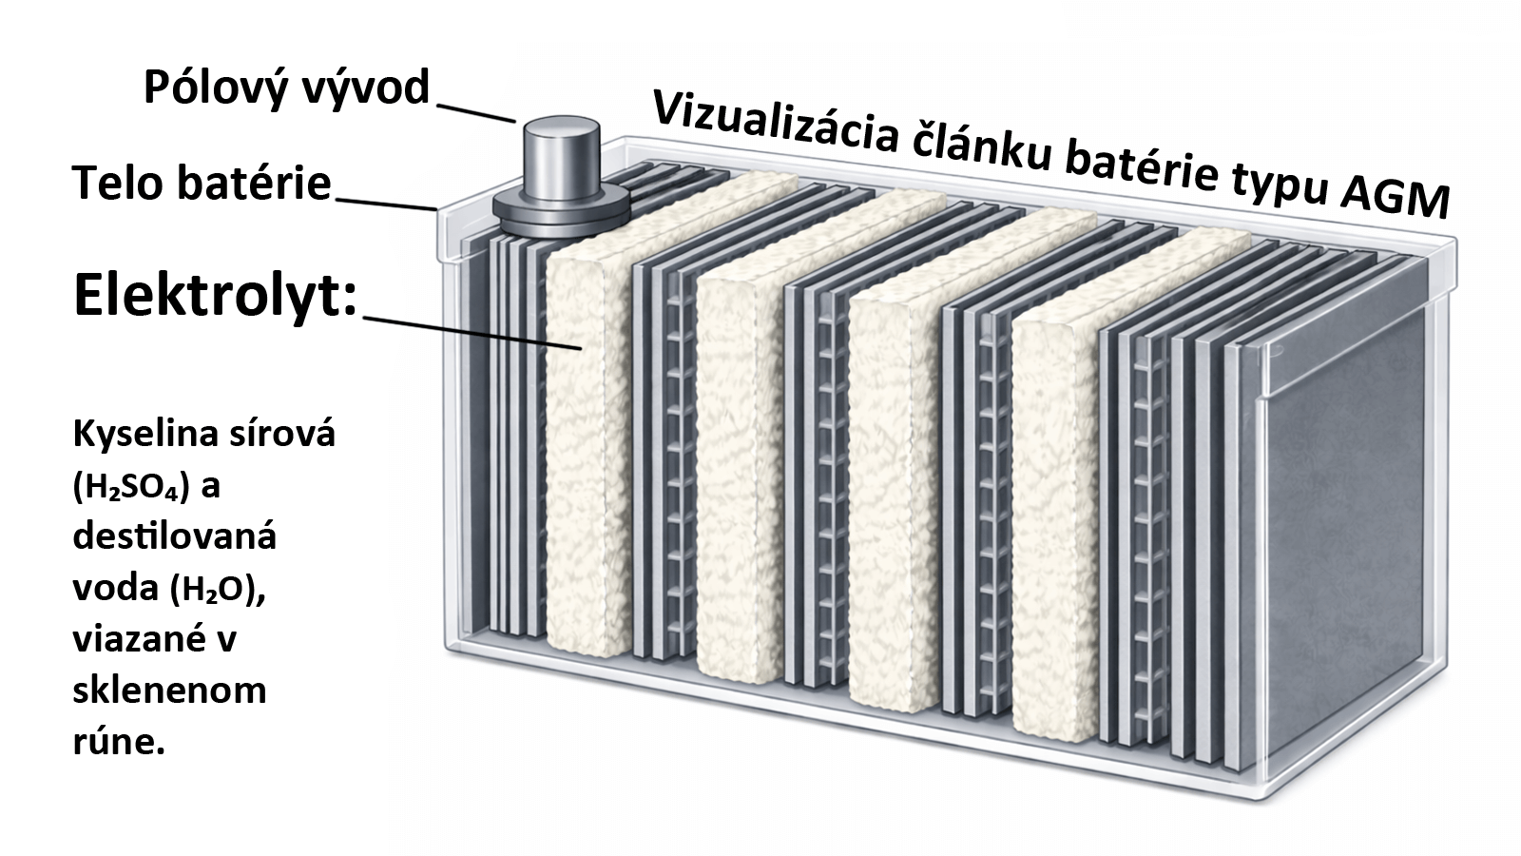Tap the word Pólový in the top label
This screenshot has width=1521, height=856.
click(221, 88)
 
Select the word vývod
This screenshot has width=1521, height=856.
click(368, 88)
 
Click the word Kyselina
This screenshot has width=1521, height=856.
click(144, 435)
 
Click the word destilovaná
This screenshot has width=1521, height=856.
click(175, 537)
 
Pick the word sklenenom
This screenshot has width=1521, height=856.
click(169, 691)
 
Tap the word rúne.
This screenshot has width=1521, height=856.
click(119, 742)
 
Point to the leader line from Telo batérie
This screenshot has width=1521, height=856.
click(385, 203)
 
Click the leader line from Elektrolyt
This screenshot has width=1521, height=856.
click(471, 333)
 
